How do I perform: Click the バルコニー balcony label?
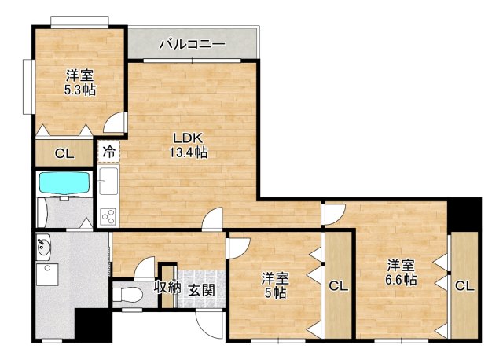[193, 44]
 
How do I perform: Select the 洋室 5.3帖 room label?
[79, 82]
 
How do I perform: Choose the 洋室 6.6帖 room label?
[401, 272]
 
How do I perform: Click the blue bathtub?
[65, 183]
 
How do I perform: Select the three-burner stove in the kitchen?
[108, 214]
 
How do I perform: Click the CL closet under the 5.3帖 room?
[64, 153]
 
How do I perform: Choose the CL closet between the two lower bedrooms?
[338, 286]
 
